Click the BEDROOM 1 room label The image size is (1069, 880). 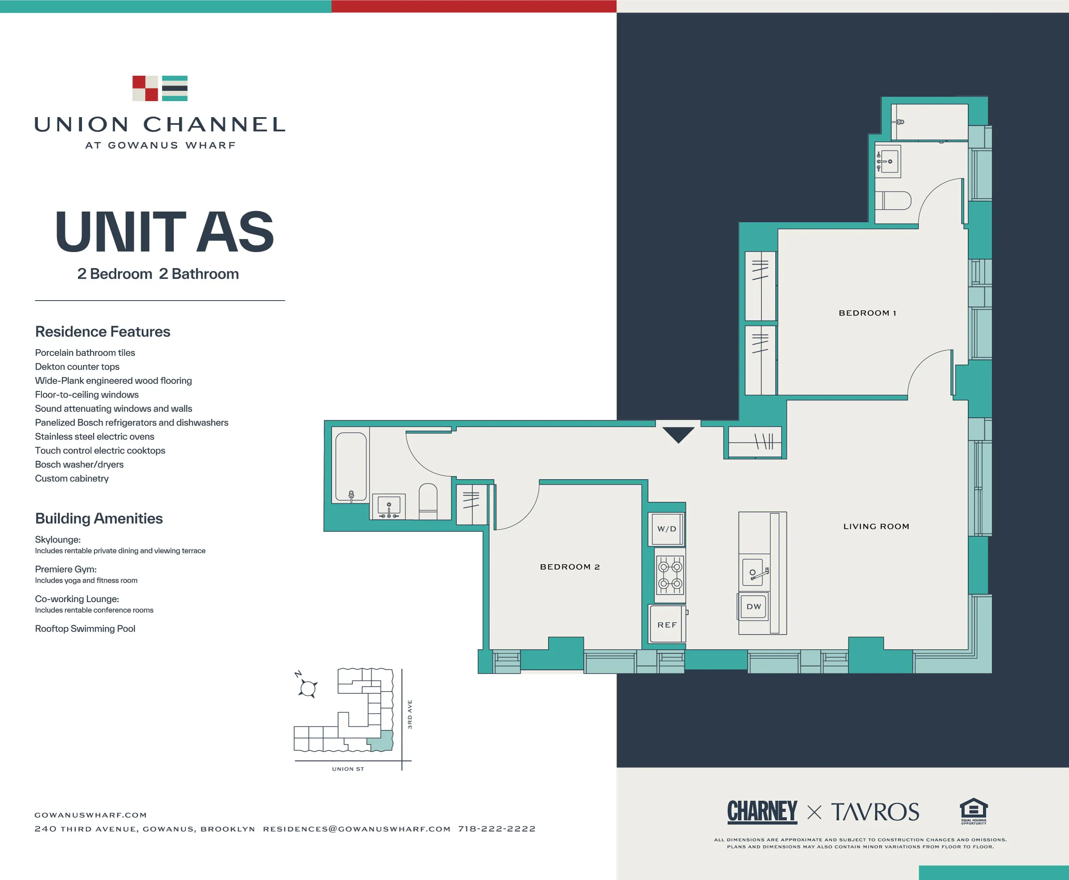(x=867, y=313)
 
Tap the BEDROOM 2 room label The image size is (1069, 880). (x=570, y=567)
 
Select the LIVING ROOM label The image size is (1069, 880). (x=876, y=526)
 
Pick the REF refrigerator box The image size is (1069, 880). (x=667, y=624)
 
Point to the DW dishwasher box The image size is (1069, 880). (x=754, y=606)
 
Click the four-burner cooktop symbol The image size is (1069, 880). (x=669, y=575)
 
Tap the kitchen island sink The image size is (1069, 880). (x=754, y=572)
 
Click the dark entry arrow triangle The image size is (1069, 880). (x=678, y=434)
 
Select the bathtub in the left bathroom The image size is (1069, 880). (x=351, y=467)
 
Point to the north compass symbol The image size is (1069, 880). (x=307, y=687)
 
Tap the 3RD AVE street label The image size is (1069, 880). (x=409, y=714)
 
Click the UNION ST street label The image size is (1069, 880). (x=348, y=769)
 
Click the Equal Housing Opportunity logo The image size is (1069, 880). (x=973, y=811)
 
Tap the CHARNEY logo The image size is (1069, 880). (x=762, y=811)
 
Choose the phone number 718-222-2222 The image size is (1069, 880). (x=497, y=829)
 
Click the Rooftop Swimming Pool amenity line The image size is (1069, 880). (x=85, y=628)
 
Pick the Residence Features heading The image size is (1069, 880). (x=102, y=331)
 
